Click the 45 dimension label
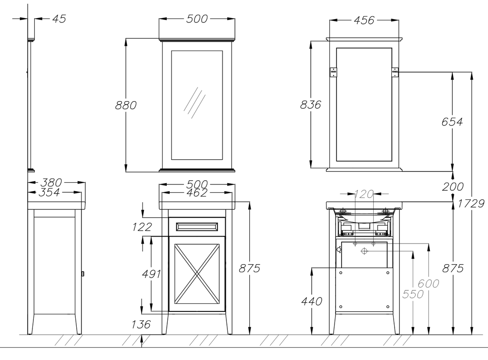[x=59, y=19]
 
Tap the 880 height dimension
[x=126, y=105]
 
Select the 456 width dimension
[x=364, y=21]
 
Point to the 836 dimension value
[x=310, y=104]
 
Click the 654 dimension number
[x=452, y=122]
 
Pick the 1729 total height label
[x=471, y=204]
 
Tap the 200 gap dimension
[x=453, y=187]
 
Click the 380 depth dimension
[x=51, y=182]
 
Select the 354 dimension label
[x=49, y=193]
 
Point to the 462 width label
[x=197, y=193]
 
